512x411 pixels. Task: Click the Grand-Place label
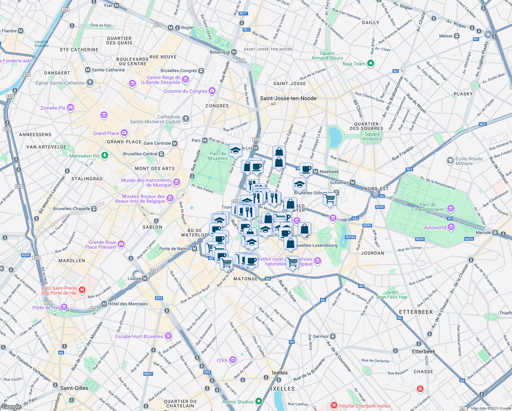[x=106, y=133]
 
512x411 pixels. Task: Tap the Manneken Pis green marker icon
[x=105, y=155]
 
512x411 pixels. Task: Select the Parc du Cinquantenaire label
[x=428, y=207]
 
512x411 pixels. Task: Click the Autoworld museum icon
[x=451, y=227]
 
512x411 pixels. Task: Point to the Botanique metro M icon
[x=234, y=52]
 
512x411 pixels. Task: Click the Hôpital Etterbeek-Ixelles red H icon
[x=334, y=406]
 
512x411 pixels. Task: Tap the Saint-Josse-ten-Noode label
[x=288, y=98]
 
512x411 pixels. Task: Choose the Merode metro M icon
[x=495, y=233]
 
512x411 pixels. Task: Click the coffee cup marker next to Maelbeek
[x=306, y=169]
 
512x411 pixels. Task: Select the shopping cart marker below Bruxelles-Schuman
[x=330, y=199]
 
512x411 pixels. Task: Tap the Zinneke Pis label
[x=53, y=108]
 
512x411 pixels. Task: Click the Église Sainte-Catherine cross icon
[x=90, y=83]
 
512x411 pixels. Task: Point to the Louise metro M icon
[x=145, y=278]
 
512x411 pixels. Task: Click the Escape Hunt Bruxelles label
[x=139, y=336]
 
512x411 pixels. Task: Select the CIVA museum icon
[x=233, y=360]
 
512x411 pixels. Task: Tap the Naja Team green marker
[x=371, y=63]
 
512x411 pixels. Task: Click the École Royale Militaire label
[x=469, y=161]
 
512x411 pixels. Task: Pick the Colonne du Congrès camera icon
[x=212, y=91]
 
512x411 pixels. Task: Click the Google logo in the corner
[x=11, y=407]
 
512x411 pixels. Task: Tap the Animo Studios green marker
[x=259, y=401]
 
